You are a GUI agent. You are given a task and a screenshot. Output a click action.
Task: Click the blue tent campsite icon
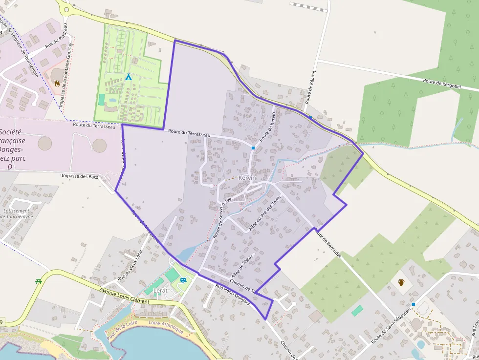coord(128,77)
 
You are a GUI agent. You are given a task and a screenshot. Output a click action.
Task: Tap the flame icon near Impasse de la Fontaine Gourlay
coord(57,84)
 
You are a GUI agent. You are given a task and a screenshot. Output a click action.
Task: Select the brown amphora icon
coord(401,282)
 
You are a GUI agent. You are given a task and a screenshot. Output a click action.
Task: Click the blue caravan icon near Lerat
coord(183,280)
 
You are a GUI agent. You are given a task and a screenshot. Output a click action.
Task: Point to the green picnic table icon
coord(38,281)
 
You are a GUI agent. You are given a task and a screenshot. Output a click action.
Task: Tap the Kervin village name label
coord(247,178)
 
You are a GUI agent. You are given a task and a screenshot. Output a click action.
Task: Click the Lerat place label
coord(160,291)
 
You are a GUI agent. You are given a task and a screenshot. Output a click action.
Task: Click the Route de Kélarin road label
coord(310,87)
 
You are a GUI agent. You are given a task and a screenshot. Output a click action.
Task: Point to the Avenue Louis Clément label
coord(124,296)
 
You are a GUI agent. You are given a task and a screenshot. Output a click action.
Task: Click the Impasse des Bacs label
coord(80,176)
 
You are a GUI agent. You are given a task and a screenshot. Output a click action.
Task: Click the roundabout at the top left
coord(66,8)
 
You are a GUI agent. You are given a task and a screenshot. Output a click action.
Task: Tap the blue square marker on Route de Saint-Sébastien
coord(413,304)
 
